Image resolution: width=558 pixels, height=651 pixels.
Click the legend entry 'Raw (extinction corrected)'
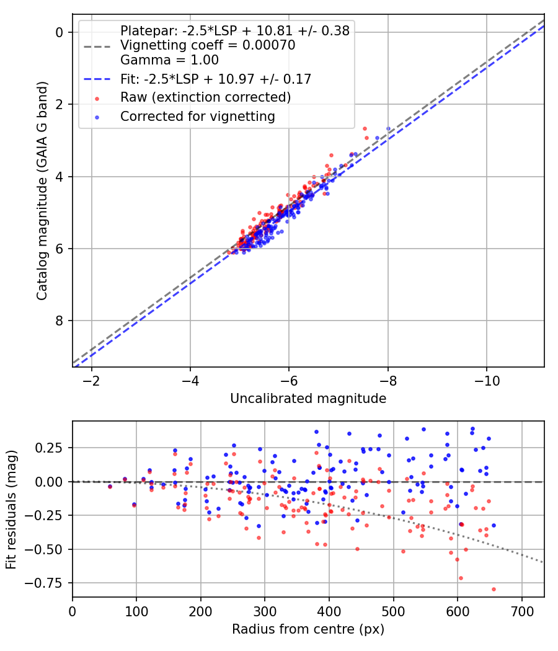point(205,97)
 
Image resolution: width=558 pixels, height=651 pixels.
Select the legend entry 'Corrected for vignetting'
point(197,116)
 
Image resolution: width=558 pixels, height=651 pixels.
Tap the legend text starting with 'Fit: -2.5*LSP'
point(215,79)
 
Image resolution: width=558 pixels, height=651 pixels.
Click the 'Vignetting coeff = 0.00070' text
point(207,45)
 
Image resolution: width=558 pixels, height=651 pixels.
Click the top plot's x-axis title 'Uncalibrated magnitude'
point(308,399)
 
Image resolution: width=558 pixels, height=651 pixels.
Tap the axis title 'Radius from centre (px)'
point(308,629)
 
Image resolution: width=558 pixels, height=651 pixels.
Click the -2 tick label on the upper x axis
point(92,379)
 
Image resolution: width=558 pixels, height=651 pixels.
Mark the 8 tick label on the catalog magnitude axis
point(59,321)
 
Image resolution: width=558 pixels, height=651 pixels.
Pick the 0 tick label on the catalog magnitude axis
point(59,32)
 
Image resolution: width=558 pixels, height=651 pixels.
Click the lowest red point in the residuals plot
point(494,589)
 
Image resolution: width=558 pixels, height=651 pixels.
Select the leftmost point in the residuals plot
point(110,487)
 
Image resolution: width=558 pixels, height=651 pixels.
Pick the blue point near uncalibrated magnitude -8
point(388,129)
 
